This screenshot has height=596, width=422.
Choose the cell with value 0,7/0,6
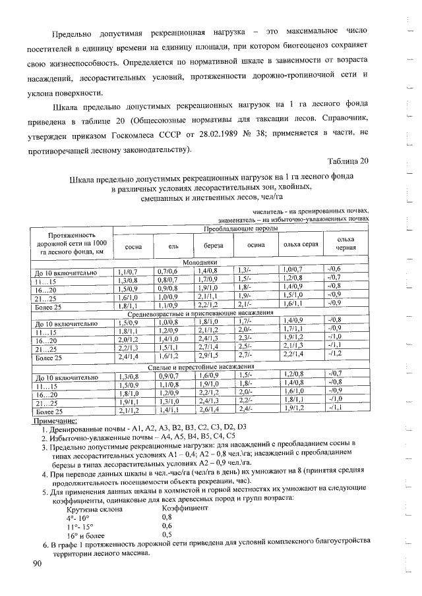click(x=169, y=270)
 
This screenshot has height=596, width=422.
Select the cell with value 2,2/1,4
click(x=292, y=355)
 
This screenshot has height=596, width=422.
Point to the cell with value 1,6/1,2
click(x=169, y=355)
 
